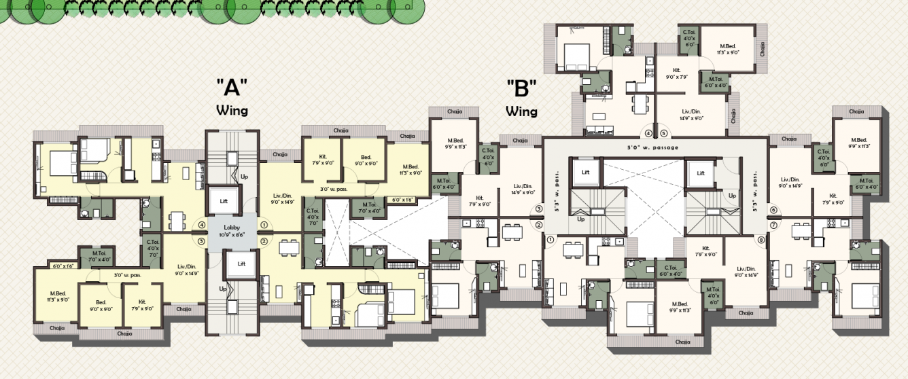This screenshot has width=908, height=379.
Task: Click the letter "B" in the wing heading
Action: click(x=521, y=88)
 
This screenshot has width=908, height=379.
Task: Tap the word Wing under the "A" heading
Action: click(x=232, y=109)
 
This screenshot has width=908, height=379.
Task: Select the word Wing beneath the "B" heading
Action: click(x=521, y=111)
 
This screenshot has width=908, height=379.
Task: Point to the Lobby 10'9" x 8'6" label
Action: click(x=232, y=232)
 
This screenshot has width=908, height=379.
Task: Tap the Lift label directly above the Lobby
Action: click(x=223, y=201)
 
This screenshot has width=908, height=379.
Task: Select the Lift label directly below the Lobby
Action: click(x=241, y=264)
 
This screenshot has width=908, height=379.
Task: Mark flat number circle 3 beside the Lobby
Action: click(x=201, y=240)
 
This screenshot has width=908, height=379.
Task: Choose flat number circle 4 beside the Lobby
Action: click(x=201, y=225)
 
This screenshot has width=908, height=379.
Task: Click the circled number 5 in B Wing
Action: click(x=663, y=133)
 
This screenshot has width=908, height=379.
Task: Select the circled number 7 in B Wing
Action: click(x=773, y=225)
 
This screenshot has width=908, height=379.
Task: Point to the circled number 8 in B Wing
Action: click(x=761, y=240)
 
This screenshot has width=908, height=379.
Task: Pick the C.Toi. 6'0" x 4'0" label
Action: click(x=670, y=270)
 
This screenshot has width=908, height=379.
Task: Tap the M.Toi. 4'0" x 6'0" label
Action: click(x=713, y=296)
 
